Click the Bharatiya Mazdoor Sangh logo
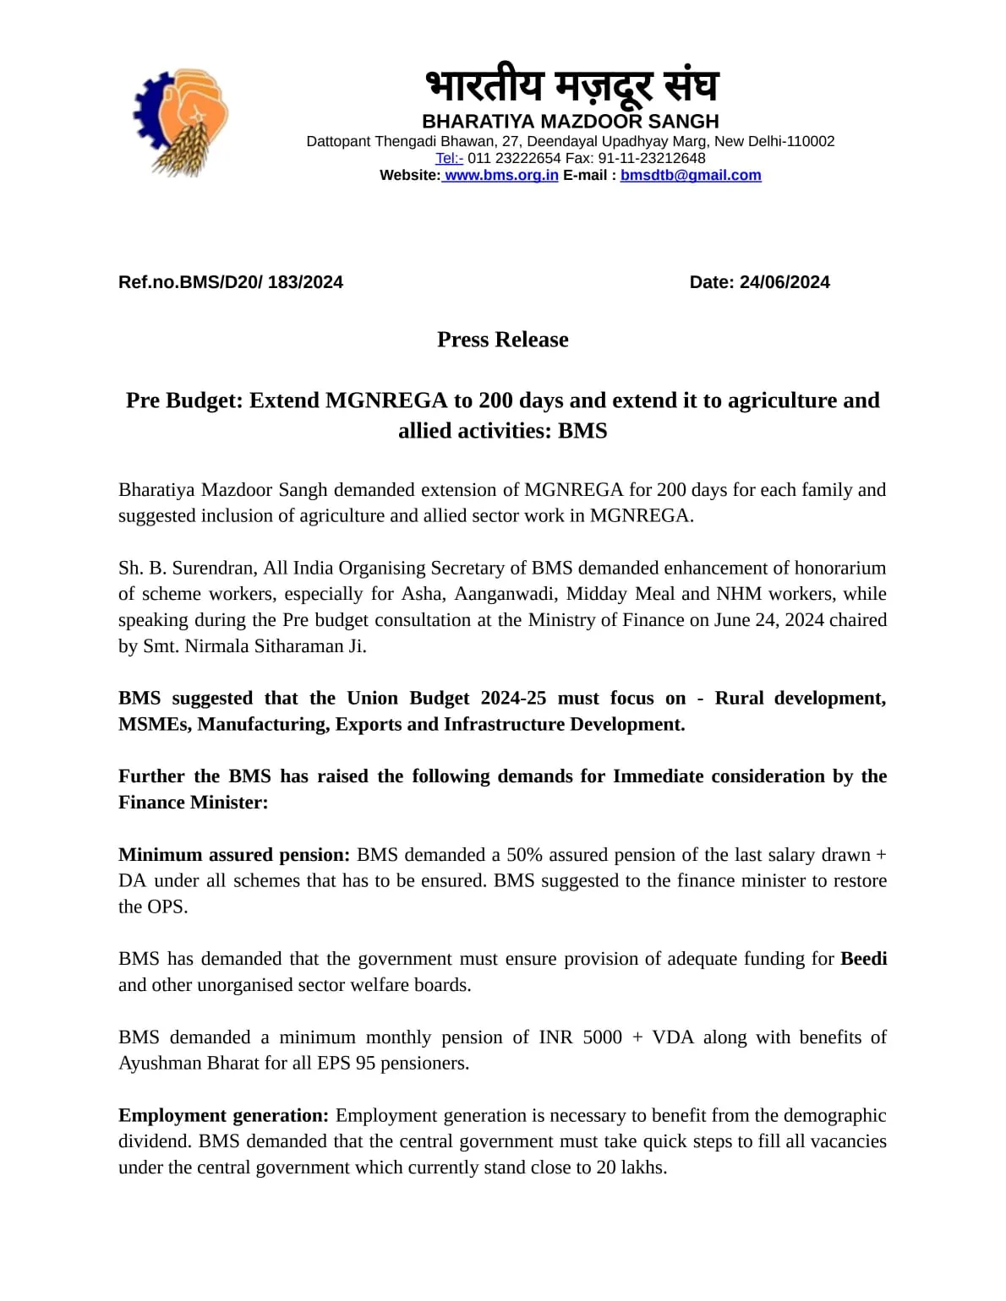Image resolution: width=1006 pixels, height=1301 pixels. point(181,122)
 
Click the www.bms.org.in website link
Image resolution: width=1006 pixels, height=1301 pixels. point(501,176)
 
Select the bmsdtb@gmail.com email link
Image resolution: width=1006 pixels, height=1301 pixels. point(691,176)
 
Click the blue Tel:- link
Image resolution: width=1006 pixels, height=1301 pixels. point(449,159)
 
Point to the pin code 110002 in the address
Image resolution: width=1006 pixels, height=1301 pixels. point(811,141)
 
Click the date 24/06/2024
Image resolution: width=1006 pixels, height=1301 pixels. point(785,282)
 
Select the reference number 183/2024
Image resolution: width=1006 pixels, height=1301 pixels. point(305,282)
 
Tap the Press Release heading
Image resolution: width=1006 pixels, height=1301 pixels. point(503,340)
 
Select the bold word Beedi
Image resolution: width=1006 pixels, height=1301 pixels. point(863,959)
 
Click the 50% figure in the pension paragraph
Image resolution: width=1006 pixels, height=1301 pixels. point(524,855)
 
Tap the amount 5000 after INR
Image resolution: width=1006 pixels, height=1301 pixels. point(602,1037)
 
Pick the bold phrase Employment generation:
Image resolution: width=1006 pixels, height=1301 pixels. point(223,1115)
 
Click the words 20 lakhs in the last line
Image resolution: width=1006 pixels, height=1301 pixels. point(631,1168)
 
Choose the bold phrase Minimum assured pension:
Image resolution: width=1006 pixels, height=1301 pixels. point(234,855)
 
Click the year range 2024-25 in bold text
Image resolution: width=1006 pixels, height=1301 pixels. point(513,699)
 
